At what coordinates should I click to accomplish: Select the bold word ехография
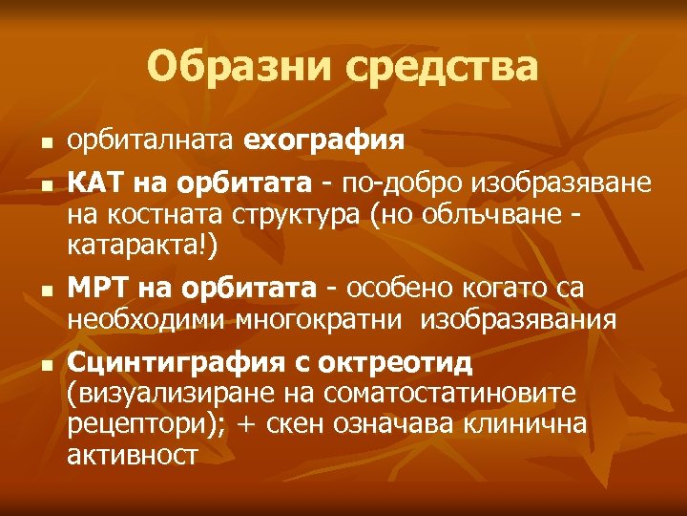point(324,140)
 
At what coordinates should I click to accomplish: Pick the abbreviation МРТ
point(98,287)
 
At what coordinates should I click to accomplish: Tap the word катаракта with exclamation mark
point(143,246)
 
